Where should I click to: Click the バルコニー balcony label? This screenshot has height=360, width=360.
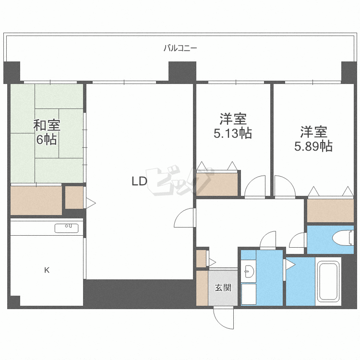click(180, 48)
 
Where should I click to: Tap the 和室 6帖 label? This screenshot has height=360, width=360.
click(47, 132)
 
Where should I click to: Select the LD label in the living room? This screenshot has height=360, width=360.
click(139, 181)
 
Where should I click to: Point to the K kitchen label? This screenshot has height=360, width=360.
click(47, 270)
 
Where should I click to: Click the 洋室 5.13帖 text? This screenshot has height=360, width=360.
click(233, 126)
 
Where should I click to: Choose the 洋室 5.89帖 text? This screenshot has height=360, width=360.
click(313, 139)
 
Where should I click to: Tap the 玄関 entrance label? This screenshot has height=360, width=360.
click(223, 288)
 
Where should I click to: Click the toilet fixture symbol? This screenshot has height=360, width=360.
click(343, 238)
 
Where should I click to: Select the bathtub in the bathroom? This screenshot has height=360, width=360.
click(328, 281)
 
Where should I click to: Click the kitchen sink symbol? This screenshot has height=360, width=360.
click(67, 228)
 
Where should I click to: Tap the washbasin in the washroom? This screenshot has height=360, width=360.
click(249, 271)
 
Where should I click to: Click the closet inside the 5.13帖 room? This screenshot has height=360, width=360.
click(217, 184)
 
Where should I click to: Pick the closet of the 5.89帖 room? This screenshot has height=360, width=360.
click(330, 211)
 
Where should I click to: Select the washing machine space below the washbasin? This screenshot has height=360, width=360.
click(249, 294)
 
